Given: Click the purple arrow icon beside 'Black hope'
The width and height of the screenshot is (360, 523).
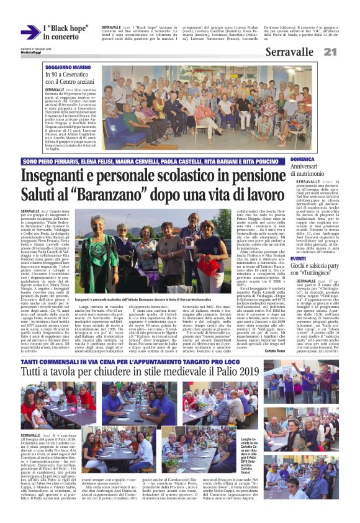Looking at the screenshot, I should pyautogui.click(x=30, y=32).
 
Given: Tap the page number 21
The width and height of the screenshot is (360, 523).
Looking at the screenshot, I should pyautogui.click(x=347, y=52).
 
